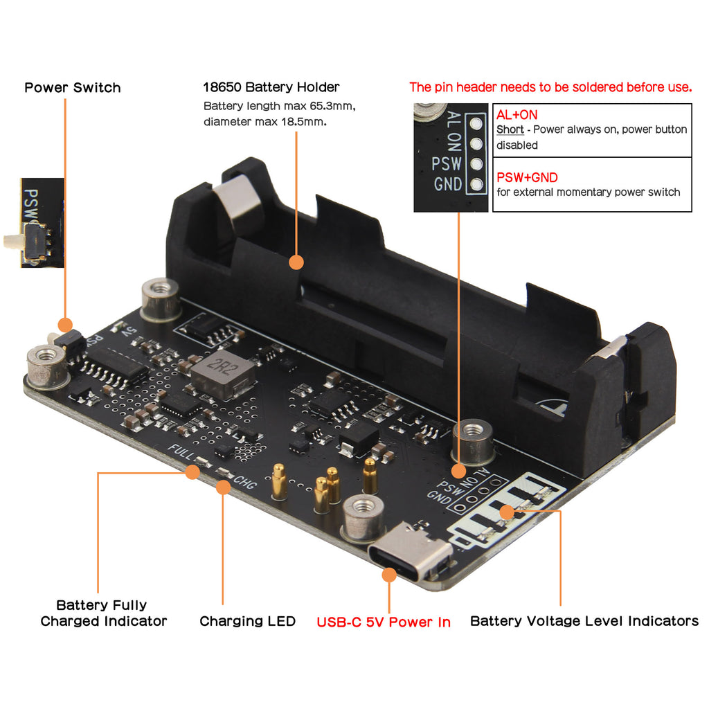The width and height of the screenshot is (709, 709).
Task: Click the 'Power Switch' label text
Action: [x=73, y=88]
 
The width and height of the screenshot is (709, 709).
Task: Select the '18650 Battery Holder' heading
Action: [x=271, y=87]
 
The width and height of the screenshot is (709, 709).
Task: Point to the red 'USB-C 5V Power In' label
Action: [x=384, y=622]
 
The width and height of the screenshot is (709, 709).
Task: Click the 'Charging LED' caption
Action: [x=247, y=621]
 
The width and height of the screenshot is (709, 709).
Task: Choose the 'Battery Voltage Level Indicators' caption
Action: [x=584, y=621]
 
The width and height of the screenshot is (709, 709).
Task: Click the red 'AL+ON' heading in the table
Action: [x=517, y=115]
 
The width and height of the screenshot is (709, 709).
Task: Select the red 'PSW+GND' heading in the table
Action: [x=527, y=177]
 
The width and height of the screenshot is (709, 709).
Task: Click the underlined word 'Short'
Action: [x=510, y=129]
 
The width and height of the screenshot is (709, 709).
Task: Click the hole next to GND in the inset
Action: [x=475, y=184]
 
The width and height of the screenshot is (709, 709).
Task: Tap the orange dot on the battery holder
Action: [x=296, y=262]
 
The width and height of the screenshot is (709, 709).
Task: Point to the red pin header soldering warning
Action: [x=550, y=87]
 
